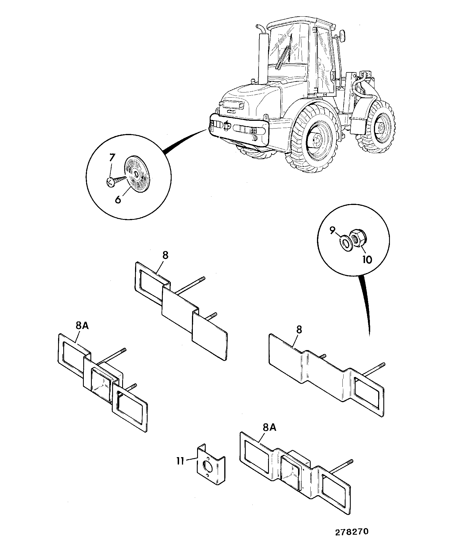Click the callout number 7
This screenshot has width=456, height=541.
tap(112, 158)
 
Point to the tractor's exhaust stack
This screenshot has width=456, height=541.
tap(262, 54)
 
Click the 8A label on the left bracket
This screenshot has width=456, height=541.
tap(81, 326)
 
